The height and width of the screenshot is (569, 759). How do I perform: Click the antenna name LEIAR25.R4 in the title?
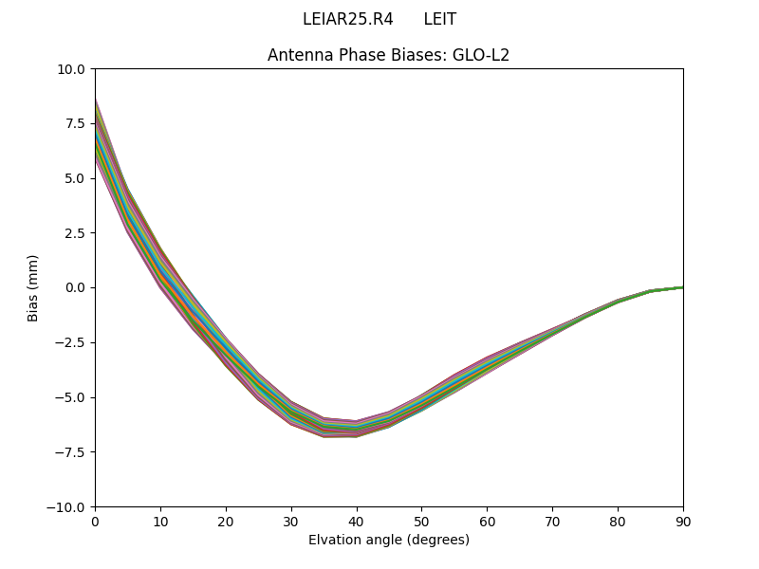pyautogui.click(x=347, y=19)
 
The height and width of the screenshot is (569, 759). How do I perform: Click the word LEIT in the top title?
pyautogui.click(x=440, y=19)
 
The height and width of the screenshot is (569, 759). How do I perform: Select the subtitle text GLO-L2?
pyautogui.click(x=483, y=55)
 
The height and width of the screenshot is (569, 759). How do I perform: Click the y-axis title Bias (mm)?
pyautogui.click(x=33, y=287)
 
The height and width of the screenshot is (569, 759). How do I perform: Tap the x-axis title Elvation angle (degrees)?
pyautogui.click(x=389, y=540)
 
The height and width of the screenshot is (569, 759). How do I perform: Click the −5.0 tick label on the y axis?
pyautogui.click(x=72, y=397)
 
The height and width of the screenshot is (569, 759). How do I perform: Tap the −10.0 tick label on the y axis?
pyautogui.click(x=68, y=506)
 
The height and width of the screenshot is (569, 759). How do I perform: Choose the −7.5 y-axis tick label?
pyautogui.click(x=72, y=451)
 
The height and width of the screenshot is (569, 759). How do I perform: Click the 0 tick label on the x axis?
pyautogui.click(x=95, y=521)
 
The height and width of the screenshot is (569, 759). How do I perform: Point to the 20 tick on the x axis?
pyautogui.click(x=226, y=521)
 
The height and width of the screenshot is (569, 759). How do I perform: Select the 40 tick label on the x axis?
pyautogui.click(x=357, y=521)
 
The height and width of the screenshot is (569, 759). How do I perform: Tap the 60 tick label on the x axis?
pyautogui.click(x=487, y=521)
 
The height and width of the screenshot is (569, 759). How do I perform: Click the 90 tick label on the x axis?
pyautogui.click(x=683, y=521)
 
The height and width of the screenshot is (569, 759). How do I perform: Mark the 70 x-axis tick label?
pyautogui.click(x=552, y=521)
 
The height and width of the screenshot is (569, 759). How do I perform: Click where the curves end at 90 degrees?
pyautogui.click(x=682, y=287)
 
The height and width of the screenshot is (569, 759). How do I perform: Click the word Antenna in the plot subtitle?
pyautogui.click(x=298, y=55)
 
